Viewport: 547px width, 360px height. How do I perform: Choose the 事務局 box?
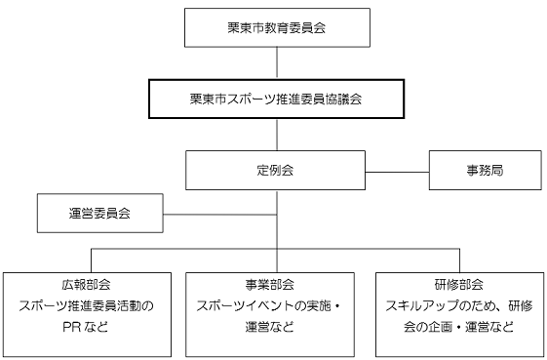tap(485, 170)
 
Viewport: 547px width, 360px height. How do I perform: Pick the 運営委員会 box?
tap(100, 214)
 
